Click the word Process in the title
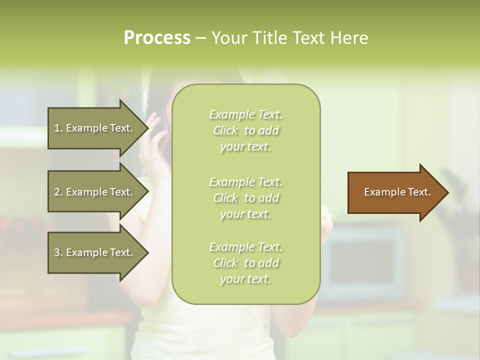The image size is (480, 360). pos(156,38)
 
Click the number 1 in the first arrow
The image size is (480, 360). pos(57,128)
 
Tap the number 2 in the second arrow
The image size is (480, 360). pos(57,192)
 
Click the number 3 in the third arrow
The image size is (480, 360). pos(57,252)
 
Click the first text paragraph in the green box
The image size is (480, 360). pos(245,130)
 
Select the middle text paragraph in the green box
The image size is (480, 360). pos(245,198)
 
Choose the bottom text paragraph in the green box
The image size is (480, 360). pos(245,263)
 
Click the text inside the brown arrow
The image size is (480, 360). pos(397,192)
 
